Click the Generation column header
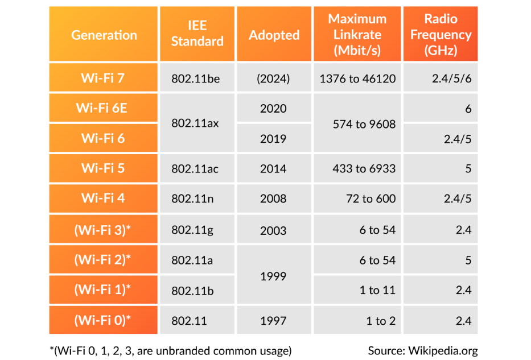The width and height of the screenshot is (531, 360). [104, 35]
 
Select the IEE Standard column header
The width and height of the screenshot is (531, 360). [197, 34]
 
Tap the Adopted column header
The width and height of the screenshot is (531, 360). [274, 35]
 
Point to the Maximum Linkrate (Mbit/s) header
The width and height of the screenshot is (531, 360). [357, 34]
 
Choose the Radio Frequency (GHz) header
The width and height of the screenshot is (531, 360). [441, 34]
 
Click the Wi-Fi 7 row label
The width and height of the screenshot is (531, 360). [103, 78]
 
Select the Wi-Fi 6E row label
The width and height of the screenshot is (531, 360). [103, 108]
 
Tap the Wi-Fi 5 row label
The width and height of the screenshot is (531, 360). [103, 168]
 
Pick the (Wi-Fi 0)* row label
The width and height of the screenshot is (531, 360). [103, 320]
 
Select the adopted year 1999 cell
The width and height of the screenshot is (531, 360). [273, 276]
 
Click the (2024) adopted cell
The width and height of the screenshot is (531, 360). [273, 79]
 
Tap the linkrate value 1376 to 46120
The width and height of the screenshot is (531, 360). [357, 79]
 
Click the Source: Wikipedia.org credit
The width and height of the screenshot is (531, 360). [422, 350]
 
